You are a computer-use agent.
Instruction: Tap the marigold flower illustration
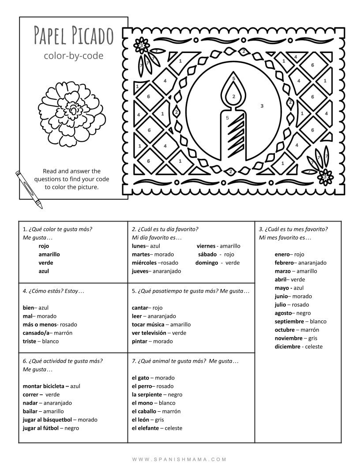point(72,113)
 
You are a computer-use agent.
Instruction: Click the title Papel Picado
point(74,35)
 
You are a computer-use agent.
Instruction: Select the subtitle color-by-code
point(73,56)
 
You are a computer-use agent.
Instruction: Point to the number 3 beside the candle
point(262,106)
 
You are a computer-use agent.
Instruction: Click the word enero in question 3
point(282,255)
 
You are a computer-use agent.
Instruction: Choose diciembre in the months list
point(287,347)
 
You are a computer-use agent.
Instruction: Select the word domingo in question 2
point(207,263)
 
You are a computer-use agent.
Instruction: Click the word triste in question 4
point(29,342)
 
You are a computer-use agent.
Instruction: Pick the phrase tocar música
point(148,325)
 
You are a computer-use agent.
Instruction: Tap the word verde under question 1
point(46,263)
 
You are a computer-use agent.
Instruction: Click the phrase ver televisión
point(149,333)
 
